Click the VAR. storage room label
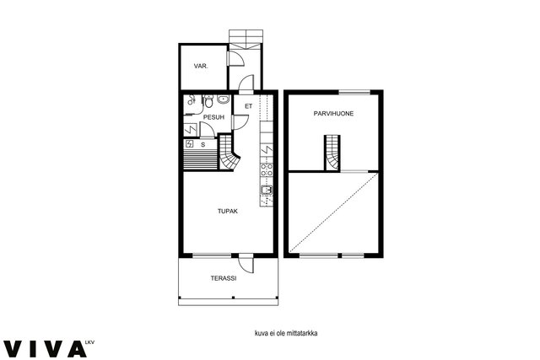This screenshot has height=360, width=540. tap(201, 66)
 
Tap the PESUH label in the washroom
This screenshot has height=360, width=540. tap(213, 117)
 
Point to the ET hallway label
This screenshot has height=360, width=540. tap(248, 106)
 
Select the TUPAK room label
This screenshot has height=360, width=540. tap(228, 212)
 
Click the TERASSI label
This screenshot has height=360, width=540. tap(224, 278)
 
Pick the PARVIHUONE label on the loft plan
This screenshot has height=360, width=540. tap(333, 114)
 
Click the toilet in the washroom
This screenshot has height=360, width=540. tap(208, 101)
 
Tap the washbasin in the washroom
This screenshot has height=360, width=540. tap(223, 99)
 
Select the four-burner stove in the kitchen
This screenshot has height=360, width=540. tap(267, 169)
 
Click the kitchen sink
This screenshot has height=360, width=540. tap(267, 190)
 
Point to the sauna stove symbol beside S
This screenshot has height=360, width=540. tap(189, 144)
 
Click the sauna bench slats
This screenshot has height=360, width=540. tap(201, 160)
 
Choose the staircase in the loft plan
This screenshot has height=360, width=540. tap(332, 153)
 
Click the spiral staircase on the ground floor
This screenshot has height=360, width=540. tap(229, 153)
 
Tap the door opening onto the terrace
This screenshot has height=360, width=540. tap(246, 264)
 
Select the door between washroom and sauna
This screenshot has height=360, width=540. tap(208, 130)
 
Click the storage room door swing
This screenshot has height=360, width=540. tap(236, 58)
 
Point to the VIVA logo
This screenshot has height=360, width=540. tap(47, 348)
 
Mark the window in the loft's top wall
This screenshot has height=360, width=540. tap(354, 92)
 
